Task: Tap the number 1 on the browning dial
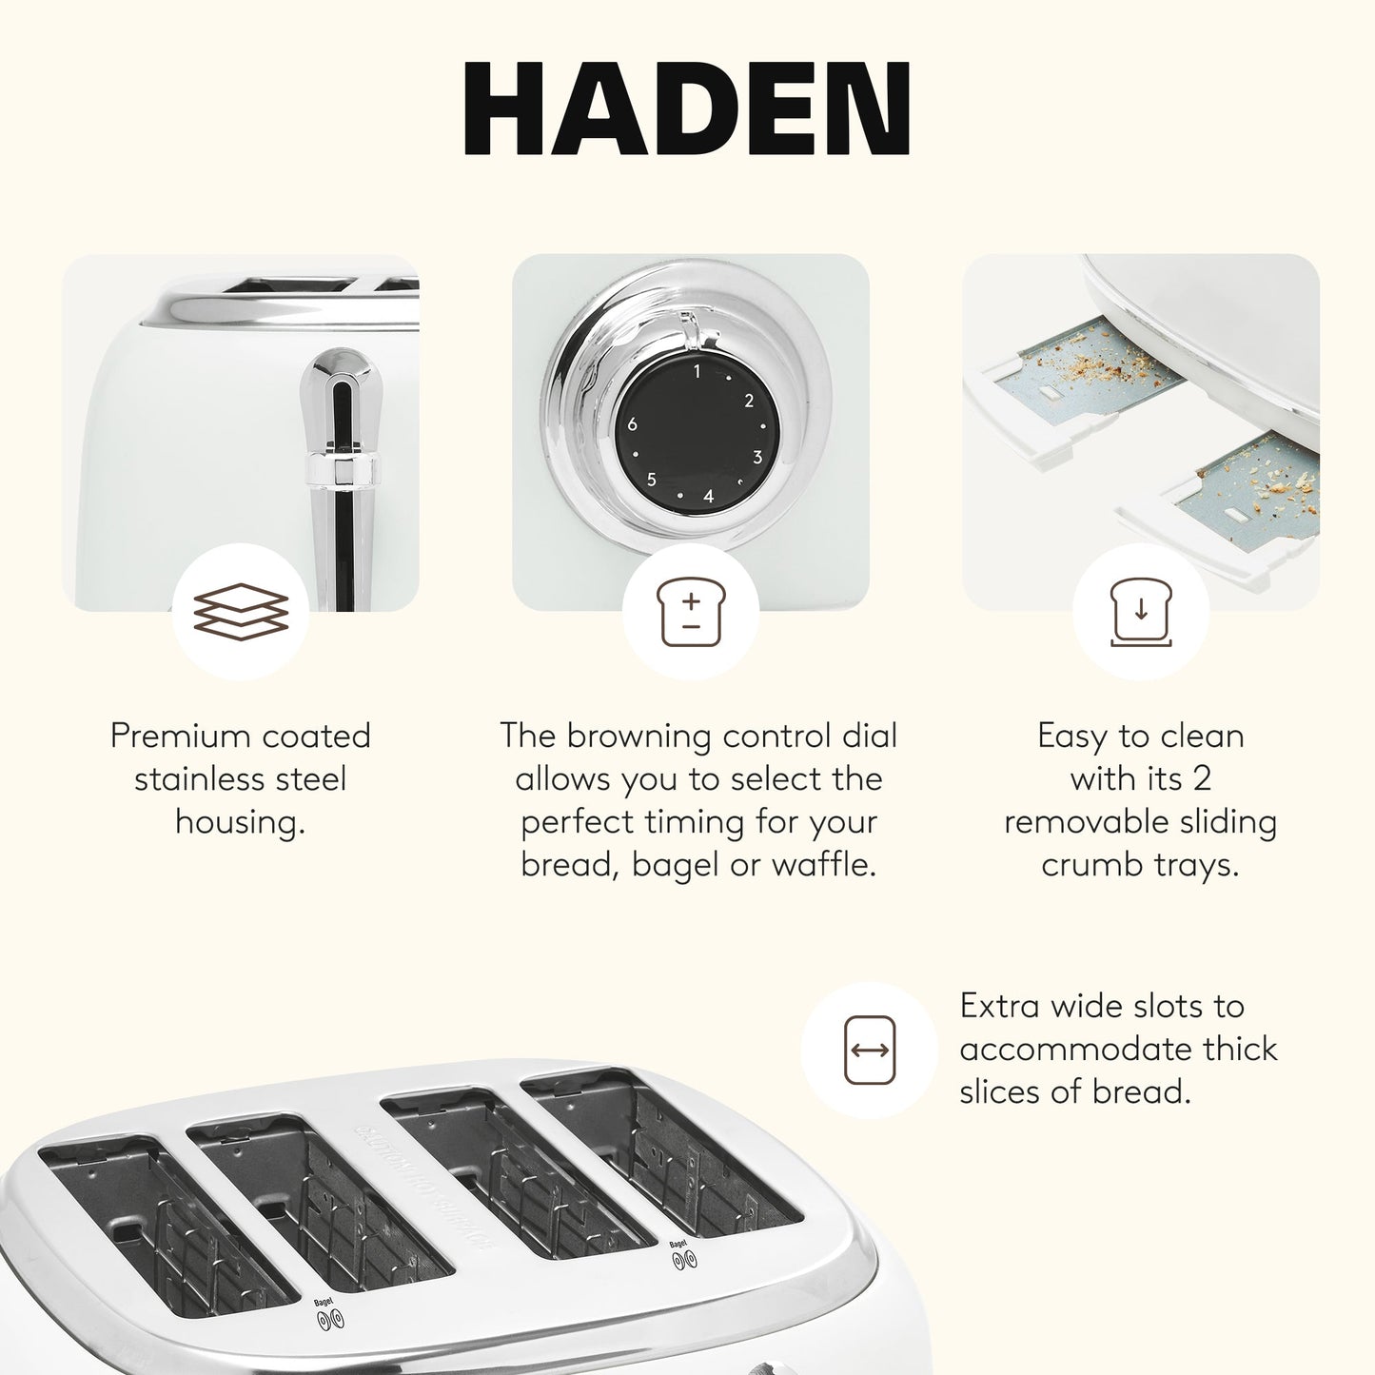pyautogui.click(x=697, y=371)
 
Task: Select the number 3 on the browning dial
pyautogui.click(x=757, y=457)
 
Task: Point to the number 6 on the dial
pyautogui.click(x=632, y=424)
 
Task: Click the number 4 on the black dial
pyautogui.click(x=708, y=496)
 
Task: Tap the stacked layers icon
pyautogui.click(x=241, y=610)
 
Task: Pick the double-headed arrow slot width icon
pyautogui.click(x=870, y=1051)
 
